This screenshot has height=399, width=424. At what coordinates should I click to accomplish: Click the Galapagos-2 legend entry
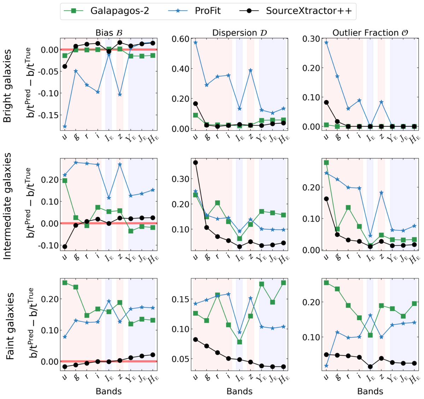[119, 11]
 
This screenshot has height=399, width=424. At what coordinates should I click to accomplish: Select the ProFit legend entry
[207, 11]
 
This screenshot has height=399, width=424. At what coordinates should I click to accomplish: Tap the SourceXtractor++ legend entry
[308, 11]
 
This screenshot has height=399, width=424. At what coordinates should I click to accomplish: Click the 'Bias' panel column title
[109, 33]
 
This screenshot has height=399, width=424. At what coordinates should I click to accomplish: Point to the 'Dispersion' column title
[240, 33]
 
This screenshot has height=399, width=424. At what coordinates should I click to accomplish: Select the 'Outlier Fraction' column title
[370, 33]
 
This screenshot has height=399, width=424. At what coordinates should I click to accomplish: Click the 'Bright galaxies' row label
[7, 86]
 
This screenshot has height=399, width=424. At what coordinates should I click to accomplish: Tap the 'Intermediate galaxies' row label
[7, 206]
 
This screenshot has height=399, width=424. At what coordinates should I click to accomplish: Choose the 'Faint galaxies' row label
[10, 326]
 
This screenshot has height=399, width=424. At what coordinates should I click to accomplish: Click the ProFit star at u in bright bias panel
[65, 126]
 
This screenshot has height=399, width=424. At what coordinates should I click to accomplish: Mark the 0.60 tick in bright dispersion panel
[180, 39]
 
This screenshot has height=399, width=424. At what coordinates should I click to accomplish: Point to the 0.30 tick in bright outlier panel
[311, 39]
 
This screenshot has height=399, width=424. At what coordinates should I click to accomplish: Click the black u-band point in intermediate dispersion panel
[195, 163]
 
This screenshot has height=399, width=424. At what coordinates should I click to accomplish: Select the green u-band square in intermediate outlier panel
[326, 163]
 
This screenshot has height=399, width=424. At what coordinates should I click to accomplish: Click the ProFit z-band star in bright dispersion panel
[251, 70]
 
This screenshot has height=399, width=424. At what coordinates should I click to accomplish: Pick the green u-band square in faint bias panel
[65, 283]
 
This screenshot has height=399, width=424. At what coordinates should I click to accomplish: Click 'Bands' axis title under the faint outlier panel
[370, 391]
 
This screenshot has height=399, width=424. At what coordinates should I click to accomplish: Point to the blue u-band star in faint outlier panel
[326, 366]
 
